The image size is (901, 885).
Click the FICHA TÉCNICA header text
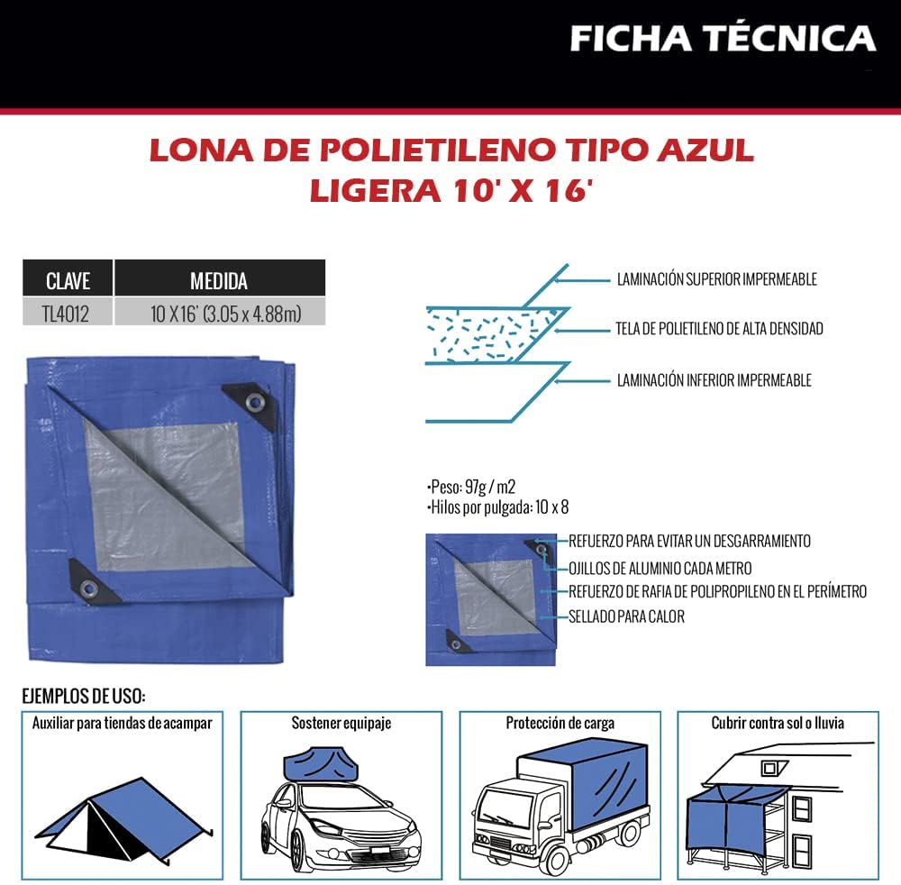[x=723, y=39]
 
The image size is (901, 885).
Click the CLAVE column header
[x=68, y=280]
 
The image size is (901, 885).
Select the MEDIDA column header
[x=219, y=280]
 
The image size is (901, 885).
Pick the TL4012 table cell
[x=68, y=313]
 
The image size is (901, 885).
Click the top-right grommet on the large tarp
[x=257, y=401]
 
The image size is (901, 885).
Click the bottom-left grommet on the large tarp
[x=88, y=588]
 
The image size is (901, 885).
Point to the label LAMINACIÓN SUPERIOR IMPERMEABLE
[x=716, y=279]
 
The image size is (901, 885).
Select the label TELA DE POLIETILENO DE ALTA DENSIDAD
[x=719, y=329]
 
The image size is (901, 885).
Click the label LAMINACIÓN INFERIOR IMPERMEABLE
[x=714, y=380]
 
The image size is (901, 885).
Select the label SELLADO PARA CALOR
[x=626, y=617]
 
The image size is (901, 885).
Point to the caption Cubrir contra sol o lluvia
[x=777, y=723]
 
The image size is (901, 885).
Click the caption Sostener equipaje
[x=341, y=723]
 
